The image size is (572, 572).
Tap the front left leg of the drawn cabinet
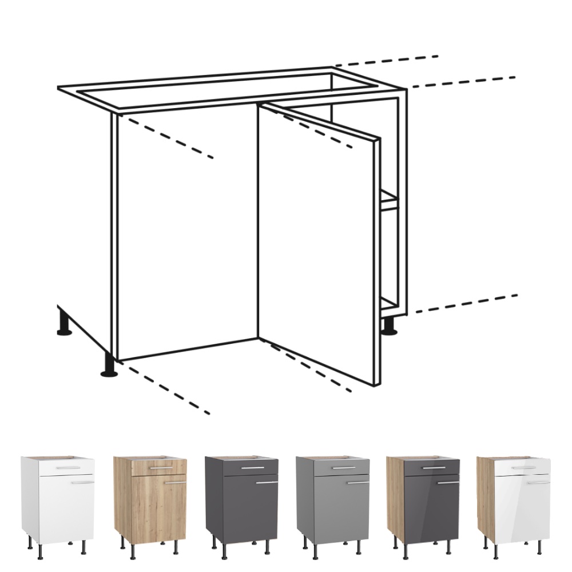tap(109, 366)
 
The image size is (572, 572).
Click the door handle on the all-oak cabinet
tap(176, 482)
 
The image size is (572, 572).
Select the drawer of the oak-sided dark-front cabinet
tap(432, 468)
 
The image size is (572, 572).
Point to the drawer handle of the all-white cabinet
tap(67, 468)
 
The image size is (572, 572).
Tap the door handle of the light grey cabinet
tap(358, 482)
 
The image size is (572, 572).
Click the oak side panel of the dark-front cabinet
tap(395, 498)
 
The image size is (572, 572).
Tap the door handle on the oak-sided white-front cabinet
tap(538, 482)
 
